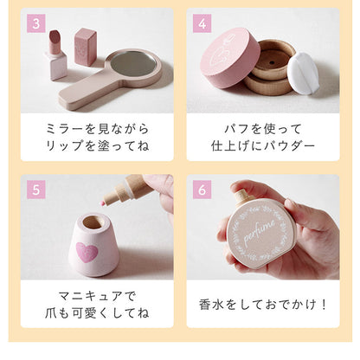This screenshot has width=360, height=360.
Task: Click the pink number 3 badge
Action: [36, 23]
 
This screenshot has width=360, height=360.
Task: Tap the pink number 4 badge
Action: [202, 23]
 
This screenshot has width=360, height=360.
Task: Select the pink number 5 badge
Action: [36, 190]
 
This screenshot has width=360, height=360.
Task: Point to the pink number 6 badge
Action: [202, 190]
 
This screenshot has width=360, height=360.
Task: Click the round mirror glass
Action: [133, 64]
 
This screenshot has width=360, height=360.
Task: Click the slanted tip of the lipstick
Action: [55, 36]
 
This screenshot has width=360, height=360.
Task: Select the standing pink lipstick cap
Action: [86, 47]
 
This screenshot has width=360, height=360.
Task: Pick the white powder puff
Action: [303, 73]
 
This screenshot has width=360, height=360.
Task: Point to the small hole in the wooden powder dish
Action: [273, 62]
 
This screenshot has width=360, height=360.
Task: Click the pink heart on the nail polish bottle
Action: [87, 252]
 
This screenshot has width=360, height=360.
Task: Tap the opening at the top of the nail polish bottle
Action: [93, 222]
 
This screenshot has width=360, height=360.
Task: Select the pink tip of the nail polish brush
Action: [101, 203]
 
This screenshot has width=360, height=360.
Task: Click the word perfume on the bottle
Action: [260, 231]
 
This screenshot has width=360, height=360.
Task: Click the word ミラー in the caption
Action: [66, 128]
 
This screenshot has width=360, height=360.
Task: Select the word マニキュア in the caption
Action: [90, 296]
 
